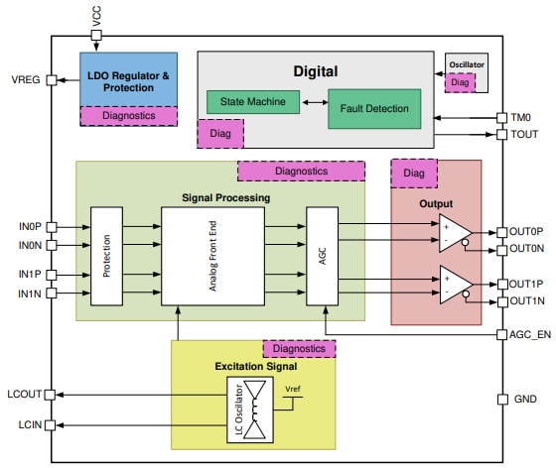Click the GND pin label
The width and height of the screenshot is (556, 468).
[x=524, y=400]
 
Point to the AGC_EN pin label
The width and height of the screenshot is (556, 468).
[x=530, y=334]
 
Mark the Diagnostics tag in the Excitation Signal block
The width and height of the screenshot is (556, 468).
[x=299, y=349]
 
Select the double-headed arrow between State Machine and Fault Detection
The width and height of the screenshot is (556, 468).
[x=311, y=101]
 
